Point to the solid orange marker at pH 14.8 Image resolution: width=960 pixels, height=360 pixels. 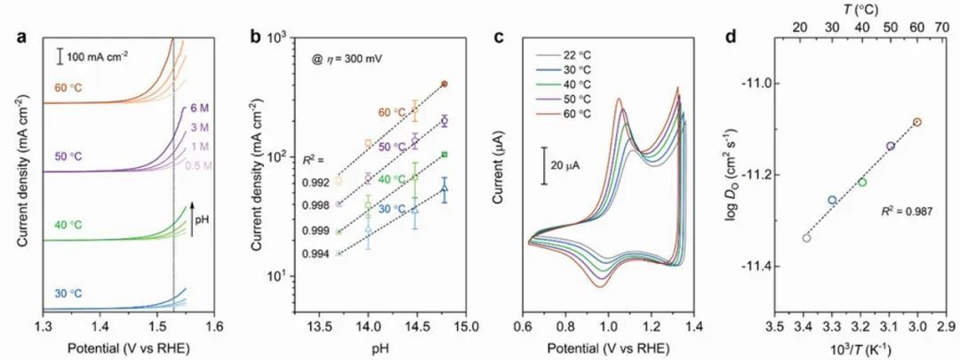pos(444,84)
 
